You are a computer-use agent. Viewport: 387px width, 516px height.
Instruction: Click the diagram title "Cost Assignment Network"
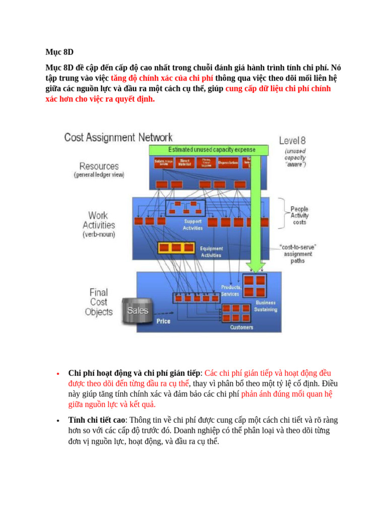118,138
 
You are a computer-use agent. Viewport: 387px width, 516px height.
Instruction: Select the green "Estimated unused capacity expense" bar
212,150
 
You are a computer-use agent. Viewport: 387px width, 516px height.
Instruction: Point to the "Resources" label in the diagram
99,166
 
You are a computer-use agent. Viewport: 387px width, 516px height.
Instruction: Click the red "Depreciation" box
228,163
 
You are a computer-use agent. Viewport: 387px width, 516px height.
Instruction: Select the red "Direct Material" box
184,162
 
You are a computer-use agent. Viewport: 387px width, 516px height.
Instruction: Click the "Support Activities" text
193,225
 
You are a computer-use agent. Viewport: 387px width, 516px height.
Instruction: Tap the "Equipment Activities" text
211,251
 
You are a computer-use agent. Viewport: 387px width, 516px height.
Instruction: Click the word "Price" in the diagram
163,321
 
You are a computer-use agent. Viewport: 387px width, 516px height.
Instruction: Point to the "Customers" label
242,328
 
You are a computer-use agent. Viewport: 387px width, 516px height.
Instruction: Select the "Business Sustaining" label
266,306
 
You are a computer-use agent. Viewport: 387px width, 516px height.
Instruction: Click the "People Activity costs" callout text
299,216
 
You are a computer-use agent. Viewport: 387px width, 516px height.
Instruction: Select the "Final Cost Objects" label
98,302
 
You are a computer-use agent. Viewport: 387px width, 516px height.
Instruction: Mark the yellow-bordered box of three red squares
176,248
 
